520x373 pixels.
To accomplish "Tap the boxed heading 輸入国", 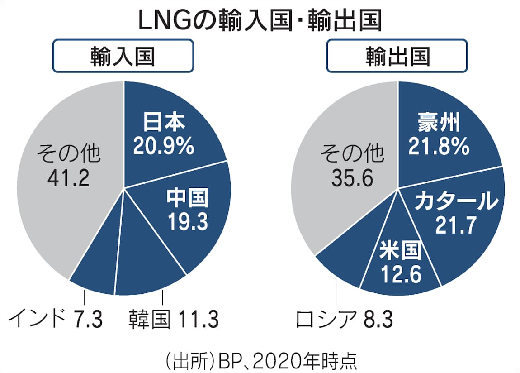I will [123, 57].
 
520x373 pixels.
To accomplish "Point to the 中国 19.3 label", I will [187, 209].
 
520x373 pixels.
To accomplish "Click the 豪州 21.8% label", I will [438, 134].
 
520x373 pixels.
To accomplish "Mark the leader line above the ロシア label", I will [336, 294].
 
